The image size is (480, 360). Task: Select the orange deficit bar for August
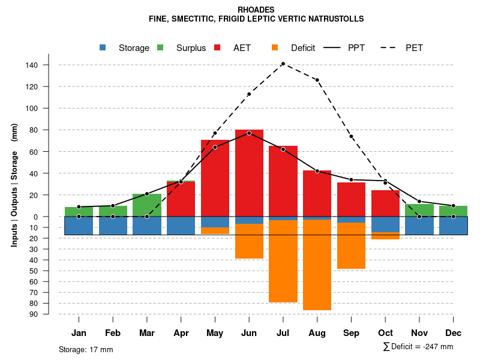pos(317,265)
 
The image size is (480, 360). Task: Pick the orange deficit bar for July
pos(283,261)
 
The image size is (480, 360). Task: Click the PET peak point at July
pos(283,64)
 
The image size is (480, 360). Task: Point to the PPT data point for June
pos(249,133)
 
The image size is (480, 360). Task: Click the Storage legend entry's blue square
pos(103,47)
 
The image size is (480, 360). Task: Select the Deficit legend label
pos(303,48)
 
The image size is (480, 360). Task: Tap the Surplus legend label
pos(191,48)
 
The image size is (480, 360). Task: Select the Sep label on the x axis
pos(351,333)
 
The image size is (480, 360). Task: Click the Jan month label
pos(79,333)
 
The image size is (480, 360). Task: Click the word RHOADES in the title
pos(256,10)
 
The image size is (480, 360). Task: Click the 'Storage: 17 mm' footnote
pos(86,349)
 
